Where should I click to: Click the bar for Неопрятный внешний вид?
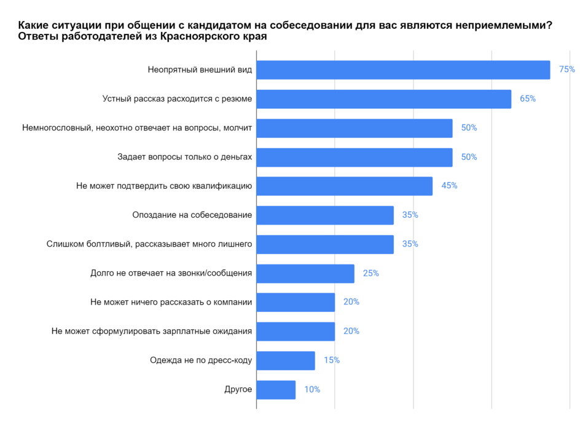403,70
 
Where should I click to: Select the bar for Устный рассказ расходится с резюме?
383,99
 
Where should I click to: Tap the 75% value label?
566,70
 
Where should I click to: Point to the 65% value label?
527,98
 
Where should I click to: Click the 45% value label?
449,186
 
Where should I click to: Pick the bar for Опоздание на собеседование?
325,215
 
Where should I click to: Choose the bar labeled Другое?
276,389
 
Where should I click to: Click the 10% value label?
312,389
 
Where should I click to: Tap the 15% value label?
331,360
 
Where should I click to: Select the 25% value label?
370,273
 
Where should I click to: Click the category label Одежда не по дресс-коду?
201,360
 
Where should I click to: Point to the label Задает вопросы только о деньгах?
185,157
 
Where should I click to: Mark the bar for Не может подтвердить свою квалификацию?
344,186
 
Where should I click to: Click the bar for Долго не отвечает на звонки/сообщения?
305,273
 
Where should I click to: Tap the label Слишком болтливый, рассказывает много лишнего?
149,244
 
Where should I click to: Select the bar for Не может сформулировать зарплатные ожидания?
296,332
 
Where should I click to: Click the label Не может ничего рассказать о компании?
171,302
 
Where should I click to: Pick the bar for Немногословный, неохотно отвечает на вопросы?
354,128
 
